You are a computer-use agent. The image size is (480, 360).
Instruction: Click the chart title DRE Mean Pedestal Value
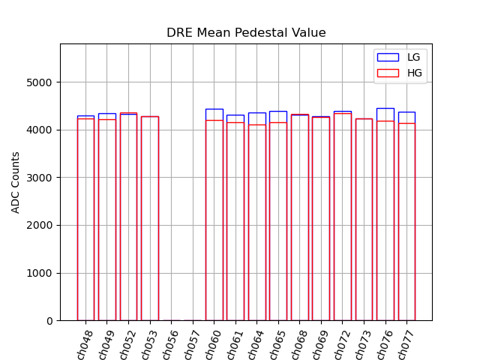point(246,33)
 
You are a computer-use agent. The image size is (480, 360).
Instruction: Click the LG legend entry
point(400,57)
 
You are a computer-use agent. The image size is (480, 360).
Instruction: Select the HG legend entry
point(400,72)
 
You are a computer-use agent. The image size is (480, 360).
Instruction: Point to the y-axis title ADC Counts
point(16,182)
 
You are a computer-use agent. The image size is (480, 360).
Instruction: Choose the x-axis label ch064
point(255,343)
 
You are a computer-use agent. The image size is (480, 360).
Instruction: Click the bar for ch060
point(214,217)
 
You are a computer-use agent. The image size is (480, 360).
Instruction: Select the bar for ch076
point(385,217)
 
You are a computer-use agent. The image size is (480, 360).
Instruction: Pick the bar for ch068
point(300,217)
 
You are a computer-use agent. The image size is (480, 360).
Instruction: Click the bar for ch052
point(128,217)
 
